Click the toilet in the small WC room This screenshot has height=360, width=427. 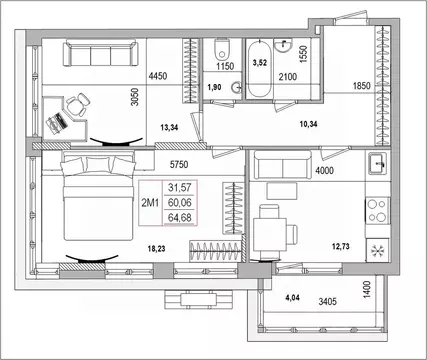pos(222,49)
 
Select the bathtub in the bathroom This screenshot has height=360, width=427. pos(259,69)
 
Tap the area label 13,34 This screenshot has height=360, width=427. pos(169,127)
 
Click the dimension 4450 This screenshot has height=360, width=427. pos(158,76)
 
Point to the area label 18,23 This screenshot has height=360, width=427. pos(156,249)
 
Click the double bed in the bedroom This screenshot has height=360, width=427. pos(98,196)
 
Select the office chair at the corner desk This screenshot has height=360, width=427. pos(78,104)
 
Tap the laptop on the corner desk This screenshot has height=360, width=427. pos(57,122)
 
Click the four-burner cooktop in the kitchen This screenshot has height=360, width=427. pos(378,210)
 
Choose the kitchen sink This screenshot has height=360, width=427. pos(378,163)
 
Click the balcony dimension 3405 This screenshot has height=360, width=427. pos(328,302)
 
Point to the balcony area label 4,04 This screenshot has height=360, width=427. pos(292,298)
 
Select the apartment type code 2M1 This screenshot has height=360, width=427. pos(150,203)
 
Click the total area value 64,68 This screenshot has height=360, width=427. pos(180,218)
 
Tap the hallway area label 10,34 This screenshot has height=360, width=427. pos(308,124)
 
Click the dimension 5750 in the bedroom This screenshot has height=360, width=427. pos(179,164)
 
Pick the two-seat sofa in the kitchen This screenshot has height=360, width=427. pos(283,164)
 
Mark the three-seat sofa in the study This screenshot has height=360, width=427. pos(101,53)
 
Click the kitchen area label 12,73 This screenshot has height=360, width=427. pos(341,246)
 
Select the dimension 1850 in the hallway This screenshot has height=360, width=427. pos(362,86)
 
